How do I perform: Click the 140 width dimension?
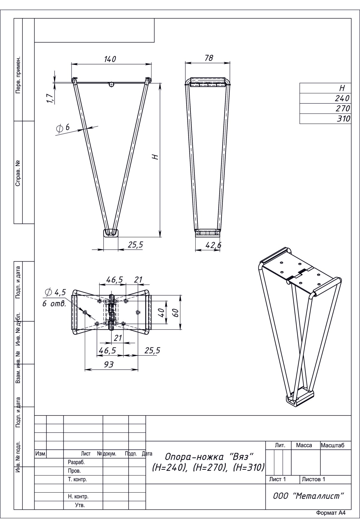110,59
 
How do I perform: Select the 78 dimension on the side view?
208,58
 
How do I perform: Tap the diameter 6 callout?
63,127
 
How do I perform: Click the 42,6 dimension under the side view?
213,245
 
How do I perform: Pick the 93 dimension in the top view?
109,364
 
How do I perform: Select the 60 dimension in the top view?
176,313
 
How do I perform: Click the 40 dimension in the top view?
162,313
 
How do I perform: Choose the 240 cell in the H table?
343,98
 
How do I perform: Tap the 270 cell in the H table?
343,109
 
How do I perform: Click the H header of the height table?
342,88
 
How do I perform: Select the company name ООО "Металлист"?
308,496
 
